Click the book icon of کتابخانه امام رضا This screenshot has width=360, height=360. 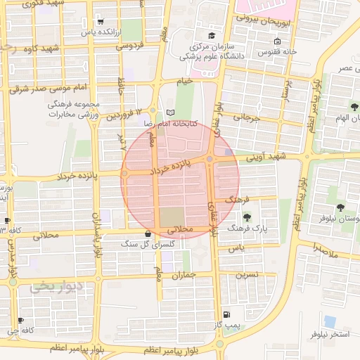pyautogui.click(x=169, y=112)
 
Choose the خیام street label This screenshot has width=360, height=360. pyautogui.click(x=184, y=82)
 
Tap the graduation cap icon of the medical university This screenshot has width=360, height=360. pyautogui.click(x=210, y=37)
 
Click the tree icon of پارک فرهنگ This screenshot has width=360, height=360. pyautogui.click(x=246, y=217)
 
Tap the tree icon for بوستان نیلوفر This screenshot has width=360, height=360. pyautogui.click(x=340, y=207)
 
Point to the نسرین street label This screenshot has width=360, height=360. pyautogui.click(x=247, y=274)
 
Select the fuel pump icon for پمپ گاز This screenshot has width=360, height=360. pyautogui.click(x=225, y=314)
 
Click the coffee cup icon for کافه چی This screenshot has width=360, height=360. pyautogui.click(x=20, y=320)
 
